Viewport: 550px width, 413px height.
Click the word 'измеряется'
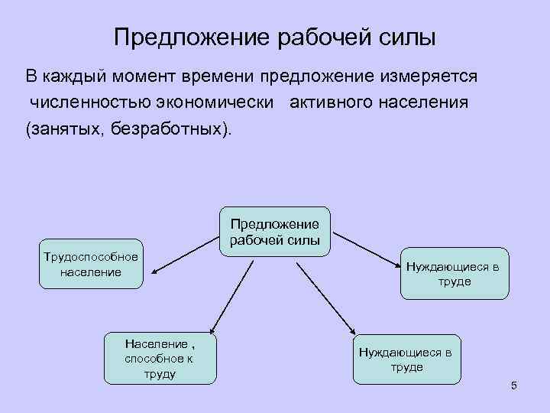pyautogui.click(x=432, y=76)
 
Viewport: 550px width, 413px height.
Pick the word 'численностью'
pyautogui.click(x=86, y=102)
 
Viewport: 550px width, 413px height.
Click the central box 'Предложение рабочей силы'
pyautogui.click(x=275, y=231)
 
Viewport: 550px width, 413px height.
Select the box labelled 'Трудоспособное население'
pyautogui.click(x=91, y=264)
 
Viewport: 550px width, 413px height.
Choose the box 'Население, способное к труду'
pyautogui.click(x=160, y=358)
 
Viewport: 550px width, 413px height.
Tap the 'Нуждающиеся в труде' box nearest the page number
pyautogui.click(x=407, y=359)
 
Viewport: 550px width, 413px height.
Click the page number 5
pyautogui.click(x=514, y=385)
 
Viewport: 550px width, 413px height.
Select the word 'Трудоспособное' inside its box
pyautogui.click(x=91, y=256)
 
